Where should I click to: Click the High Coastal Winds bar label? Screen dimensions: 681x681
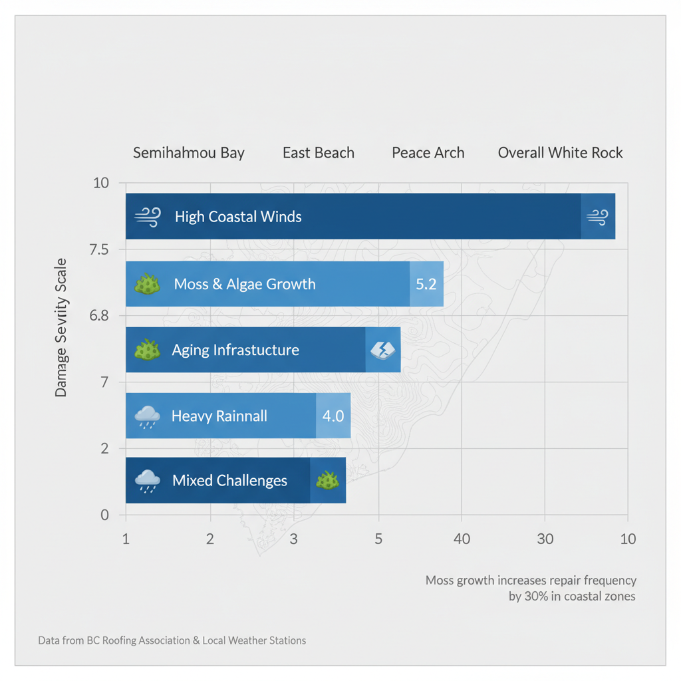click(x=237, y=217)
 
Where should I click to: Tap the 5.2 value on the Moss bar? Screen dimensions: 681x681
click(x=426, y=284)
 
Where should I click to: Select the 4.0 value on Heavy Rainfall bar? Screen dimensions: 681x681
click(x=333, y=416)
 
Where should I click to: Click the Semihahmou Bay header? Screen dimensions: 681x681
click(x=189, y=153)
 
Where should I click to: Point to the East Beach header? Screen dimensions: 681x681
click(x=318, y=153)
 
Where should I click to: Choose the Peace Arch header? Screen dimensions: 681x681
click(x=428, y=153)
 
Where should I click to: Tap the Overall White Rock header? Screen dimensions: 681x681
click(x=560, y=153)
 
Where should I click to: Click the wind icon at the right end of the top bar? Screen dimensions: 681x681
click(x=597, y=216)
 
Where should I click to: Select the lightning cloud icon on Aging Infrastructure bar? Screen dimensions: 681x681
click(x=382, y=350)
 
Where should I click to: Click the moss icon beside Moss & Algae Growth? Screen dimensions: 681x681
click(x=147, y=285)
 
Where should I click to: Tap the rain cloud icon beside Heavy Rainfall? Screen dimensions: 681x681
click(x=147, y=417)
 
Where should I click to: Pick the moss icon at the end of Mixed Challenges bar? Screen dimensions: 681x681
click(x=327, y=480)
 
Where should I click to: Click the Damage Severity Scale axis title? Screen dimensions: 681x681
click(x=61, y=327)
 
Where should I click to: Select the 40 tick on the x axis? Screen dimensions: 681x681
click(x=462, y=539)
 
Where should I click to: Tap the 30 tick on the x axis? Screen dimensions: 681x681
click(x=545, y=539)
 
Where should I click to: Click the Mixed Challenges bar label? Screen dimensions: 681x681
click(x=229, y=480)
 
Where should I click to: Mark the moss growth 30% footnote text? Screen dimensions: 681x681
click(x=531, y=588)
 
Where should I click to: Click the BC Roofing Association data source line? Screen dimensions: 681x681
click(x=172, y=640)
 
